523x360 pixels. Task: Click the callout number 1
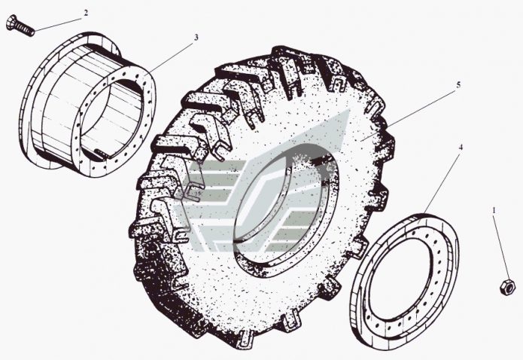point(494,210)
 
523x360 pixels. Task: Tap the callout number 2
point(86,13)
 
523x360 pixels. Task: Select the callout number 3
point(196,37)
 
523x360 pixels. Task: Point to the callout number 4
point(461,147)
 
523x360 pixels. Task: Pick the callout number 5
point(458,85)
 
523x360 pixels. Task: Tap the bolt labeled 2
point(20,26)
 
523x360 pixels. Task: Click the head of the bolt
point(11,23)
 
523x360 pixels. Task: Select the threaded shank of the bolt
point(26,29)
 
